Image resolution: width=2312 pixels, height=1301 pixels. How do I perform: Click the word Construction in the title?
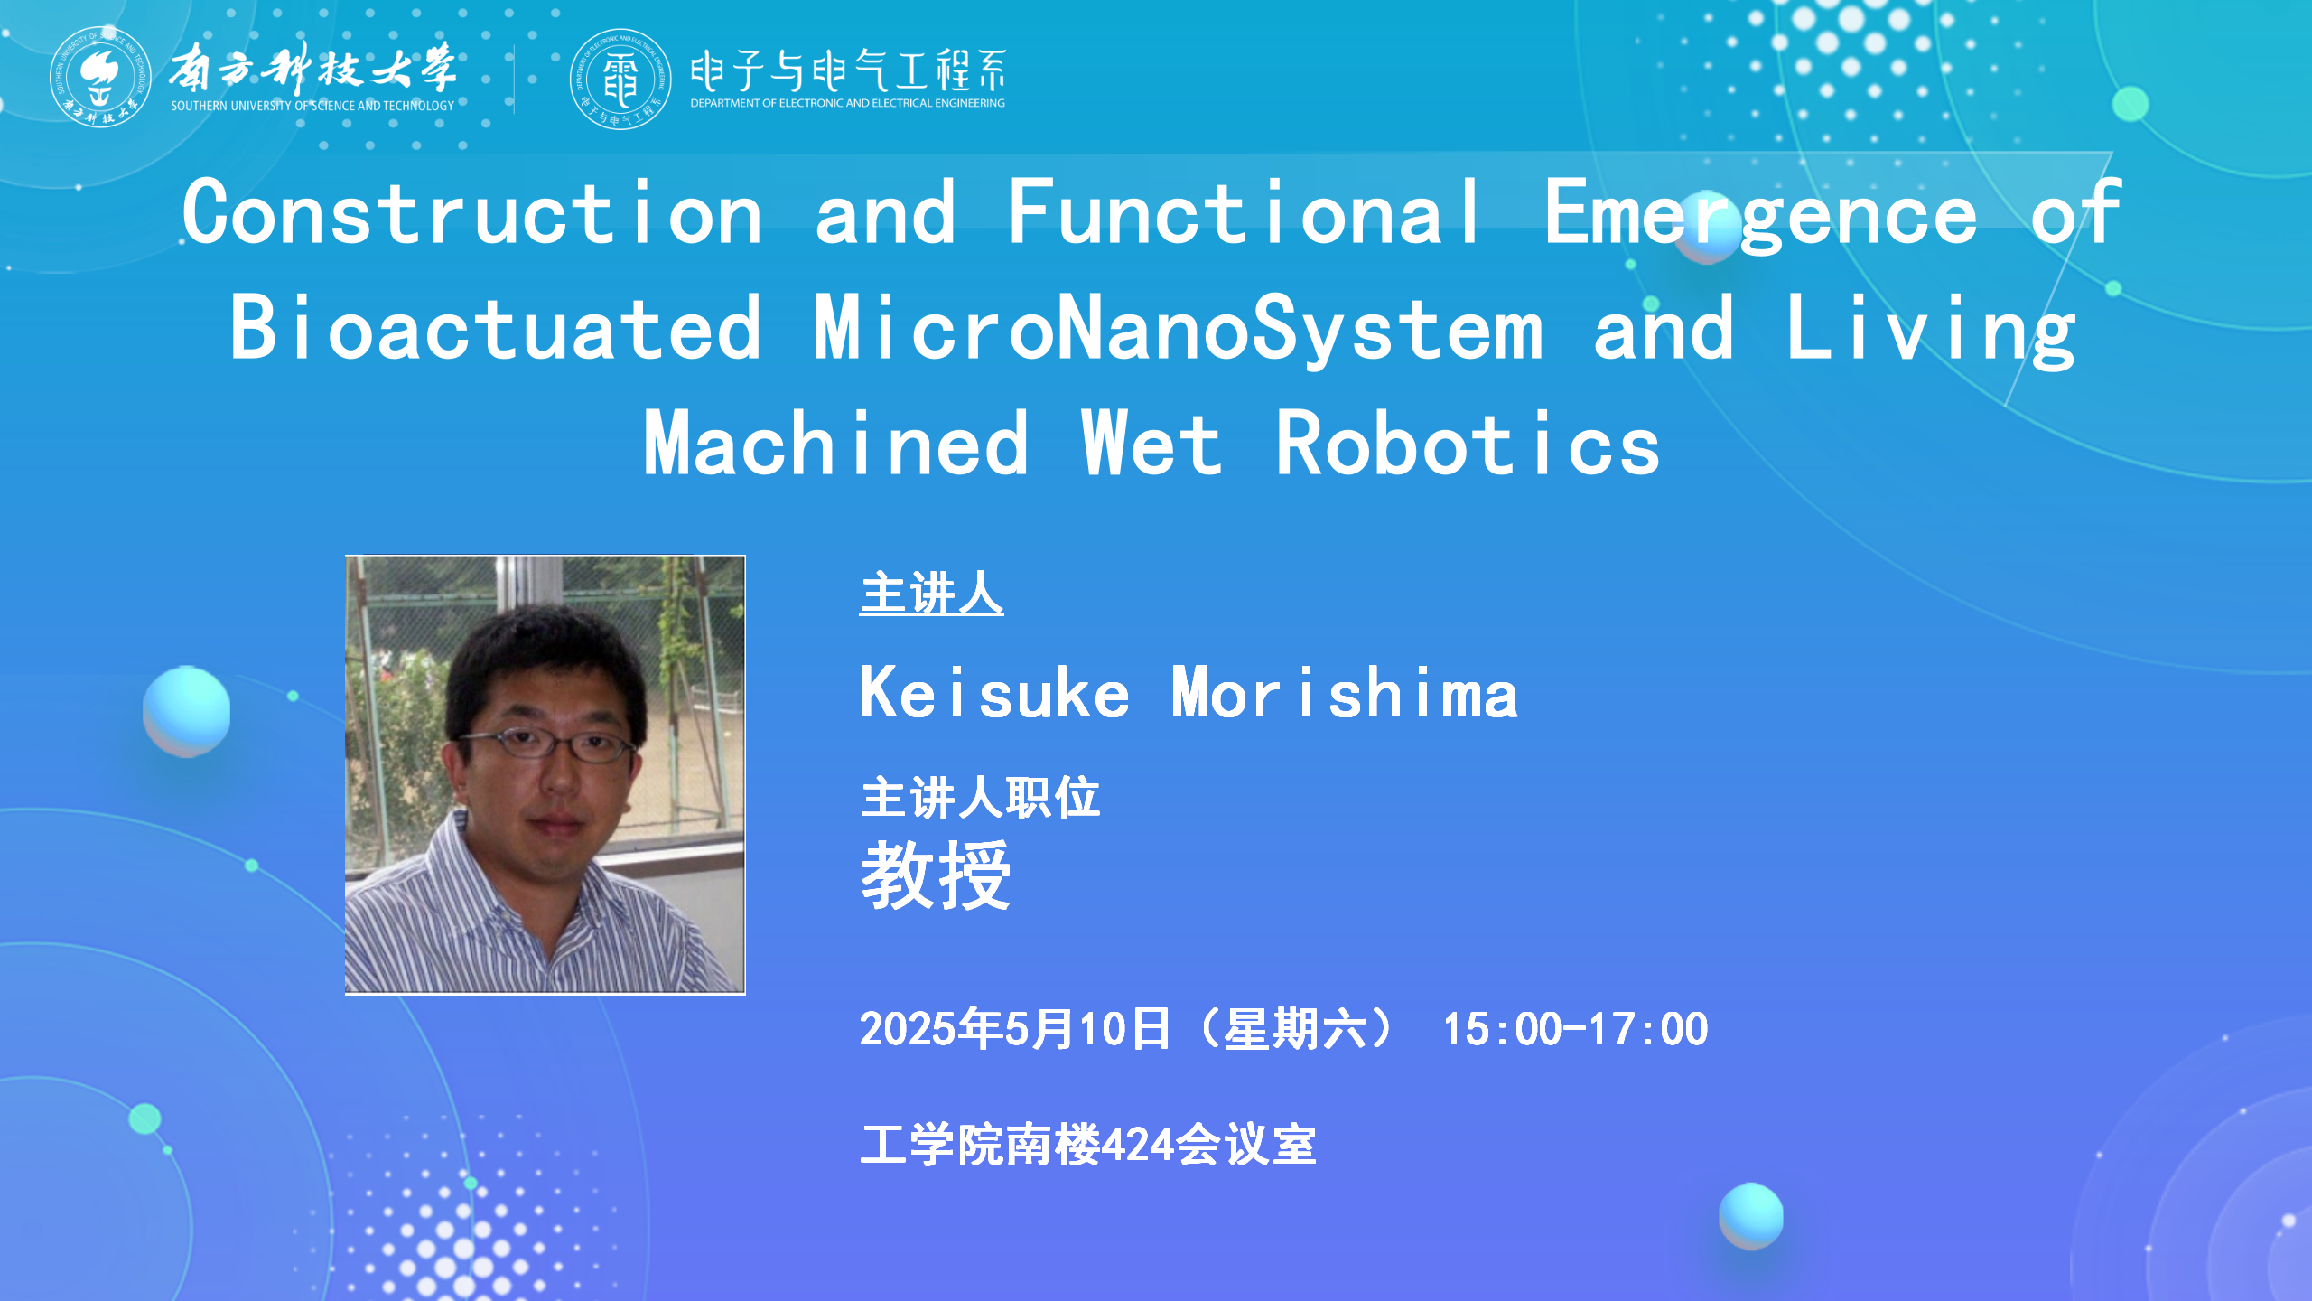pyautogui.click(x=472, y=212)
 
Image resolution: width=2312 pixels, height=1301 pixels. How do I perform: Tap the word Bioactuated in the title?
pyautogui.click(x=495, y=328)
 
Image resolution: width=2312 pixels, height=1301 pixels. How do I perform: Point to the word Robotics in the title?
pyautogui.click(x=1468, y=443)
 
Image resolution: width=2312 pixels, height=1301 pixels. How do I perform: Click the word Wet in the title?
pyautogui.click(x=1151, y=443)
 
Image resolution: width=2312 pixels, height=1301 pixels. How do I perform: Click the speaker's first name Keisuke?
pyautogui.click(x=994, y=693)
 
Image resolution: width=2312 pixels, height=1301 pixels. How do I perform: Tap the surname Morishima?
pyautogui.click(x=1345, y=693)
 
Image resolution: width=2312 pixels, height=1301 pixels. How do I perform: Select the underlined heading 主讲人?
pyautogui.click(x=931, y=594)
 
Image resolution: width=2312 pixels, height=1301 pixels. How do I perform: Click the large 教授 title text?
pyautogui.click(x=936, y=875)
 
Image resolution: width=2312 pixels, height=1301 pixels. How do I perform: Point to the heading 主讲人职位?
pyautogui.click(x=980, y=798)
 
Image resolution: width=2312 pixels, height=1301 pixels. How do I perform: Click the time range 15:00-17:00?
pyautogui.click(x=1575, y=1029)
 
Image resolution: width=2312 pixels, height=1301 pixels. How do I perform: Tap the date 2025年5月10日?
pyautogui.click(x=1014, y=1029)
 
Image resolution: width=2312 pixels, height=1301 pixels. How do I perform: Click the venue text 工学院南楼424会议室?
pyautogui.click(x=1088, y=1145)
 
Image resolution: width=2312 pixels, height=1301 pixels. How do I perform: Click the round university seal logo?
pyautogui.click(x=100, y=77)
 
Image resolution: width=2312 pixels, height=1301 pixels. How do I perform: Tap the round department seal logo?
pyautogui.click(x=620, y=79)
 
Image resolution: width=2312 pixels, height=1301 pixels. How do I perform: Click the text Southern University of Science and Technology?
pyautogui.click(x=312, y=106)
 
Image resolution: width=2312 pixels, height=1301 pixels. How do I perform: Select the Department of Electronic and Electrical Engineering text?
pyautogui.click(x=847, y=103)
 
